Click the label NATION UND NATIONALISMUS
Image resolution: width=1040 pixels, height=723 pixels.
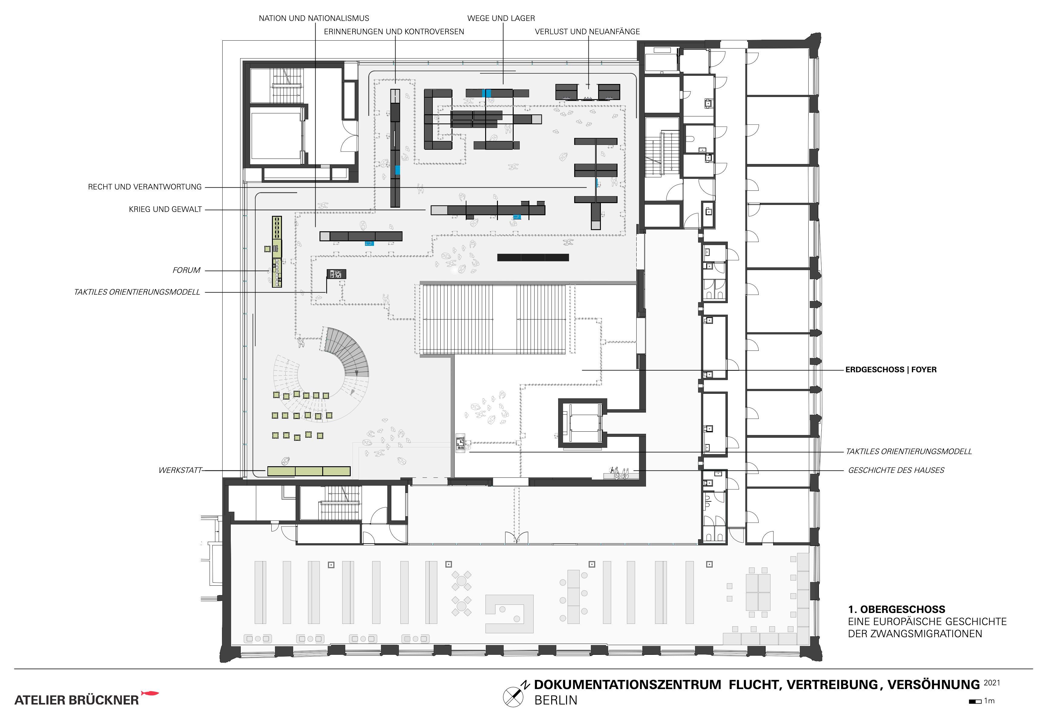[314, 18]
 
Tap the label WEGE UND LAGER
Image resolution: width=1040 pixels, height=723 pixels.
[501, 18]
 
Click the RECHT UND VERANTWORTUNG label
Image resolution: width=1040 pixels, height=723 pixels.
[145, 187]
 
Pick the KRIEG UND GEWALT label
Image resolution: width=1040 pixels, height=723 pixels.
[165, 209]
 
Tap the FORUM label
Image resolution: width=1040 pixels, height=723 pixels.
[186, 270]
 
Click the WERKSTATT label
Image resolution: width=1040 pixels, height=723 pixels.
[180, 470]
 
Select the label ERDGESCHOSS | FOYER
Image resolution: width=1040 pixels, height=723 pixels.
[891, 370]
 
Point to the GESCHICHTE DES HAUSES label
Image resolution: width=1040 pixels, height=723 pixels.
[896, 470]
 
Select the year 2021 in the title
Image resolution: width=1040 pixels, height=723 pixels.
[992, 683]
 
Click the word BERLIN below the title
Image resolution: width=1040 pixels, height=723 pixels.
[556, 700]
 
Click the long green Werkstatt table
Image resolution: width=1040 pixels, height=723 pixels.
[309, 471]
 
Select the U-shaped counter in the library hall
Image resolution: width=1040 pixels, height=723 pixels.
[509, 614]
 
